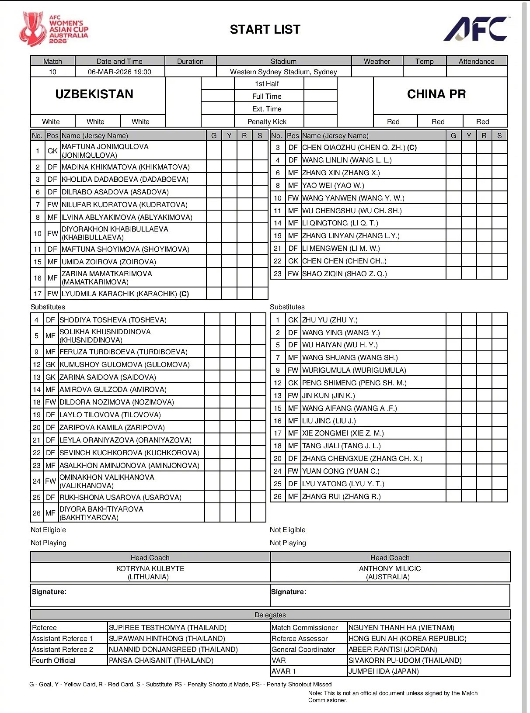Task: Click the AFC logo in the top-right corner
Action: click(476, 29)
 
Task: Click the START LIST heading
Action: click(265, 30)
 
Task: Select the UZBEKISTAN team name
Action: click(94, 94)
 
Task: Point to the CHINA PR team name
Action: click(436, 94)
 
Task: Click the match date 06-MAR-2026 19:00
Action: click(119, 72)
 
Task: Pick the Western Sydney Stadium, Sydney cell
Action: click(283, 72)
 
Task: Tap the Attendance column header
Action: click(476, 62)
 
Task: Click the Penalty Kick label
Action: click(267, 121)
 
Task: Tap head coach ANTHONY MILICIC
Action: click(390, 568)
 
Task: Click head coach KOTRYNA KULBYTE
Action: click(150, 568)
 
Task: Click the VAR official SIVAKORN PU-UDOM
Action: click(405, 660)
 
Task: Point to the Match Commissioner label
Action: click(304, 627)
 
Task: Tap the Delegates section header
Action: click(270, 615)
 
